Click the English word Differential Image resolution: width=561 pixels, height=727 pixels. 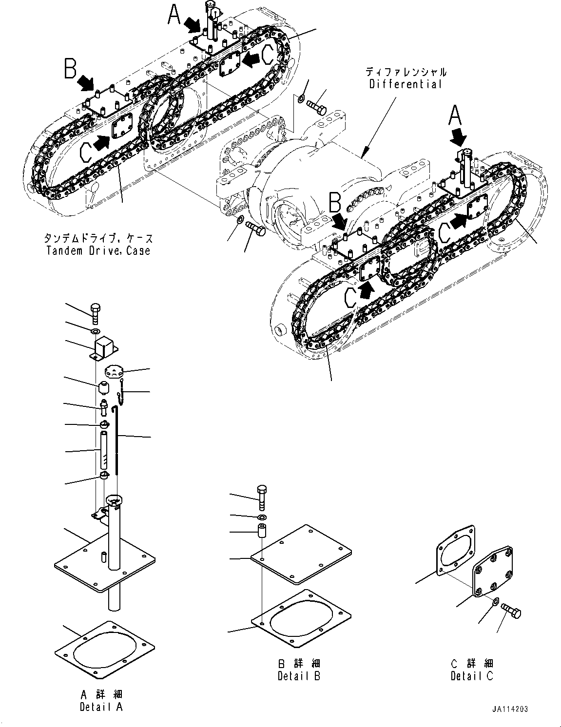pos(406,84)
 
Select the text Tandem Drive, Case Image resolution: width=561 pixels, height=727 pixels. pos(98,250)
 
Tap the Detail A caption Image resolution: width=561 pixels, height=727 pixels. pos(101,707)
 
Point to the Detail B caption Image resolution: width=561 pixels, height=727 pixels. pos(299,676)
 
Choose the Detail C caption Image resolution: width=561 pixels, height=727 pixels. pos(472,676)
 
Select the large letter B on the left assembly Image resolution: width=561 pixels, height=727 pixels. pos(71,69)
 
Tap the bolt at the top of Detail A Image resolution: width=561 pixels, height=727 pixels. pos(95,312)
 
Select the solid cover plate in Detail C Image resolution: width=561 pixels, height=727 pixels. pos(493,572)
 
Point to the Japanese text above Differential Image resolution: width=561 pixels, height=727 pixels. pos(406,72)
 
